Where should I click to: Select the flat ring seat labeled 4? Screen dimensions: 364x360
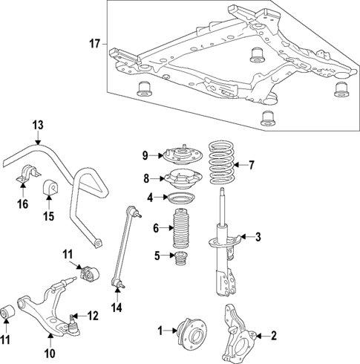point(180,198)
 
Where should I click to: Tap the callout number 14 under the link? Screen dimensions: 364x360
point(115,307)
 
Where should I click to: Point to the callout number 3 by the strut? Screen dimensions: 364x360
point(258,238)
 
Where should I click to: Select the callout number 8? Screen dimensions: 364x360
point(147,178)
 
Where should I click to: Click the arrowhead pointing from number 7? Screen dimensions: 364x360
point(240,165)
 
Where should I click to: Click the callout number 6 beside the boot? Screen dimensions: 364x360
point(155,228)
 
